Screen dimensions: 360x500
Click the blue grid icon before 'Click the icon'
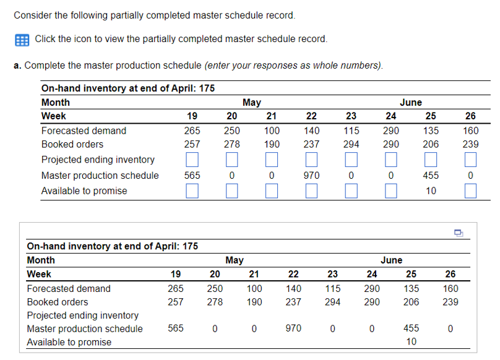[x=20, y=39]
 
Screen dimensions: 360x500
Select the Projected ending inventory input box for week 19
[x=192, y=160]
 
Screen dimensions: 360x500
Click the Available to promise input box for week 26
[x=470, y=191]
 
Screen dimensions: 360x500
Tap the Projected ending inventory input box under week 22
[x=311, y=160]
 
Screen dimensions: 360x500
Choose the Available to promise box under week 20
[x=231, y=191]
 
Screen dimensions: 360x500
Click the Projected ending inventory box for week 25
[x=431, y=160]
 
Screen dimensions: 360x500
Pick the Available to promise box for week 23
[x=351, y=191]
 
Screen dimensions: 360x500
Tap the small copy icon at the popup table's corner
[x=458, y=233]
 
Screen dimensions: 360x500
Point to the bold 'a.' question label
[x=17, y=65]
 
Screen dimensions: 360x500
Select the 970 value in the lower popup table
[x=293, y=328]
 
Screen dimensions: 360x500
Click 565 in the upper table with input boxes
[x=192, y=176]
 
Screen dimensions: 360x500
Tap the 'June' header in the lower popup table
[x=391, y=260]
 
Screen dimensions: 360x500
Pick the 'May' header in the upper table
[x=251, y=103]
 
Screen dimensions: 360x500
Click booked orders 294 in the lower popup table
[x=332, y=302]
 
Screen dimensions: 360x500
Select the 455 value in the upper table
[x=431, y=176]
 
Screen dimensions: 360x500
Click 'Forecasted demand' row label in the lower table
[x=68, y=288]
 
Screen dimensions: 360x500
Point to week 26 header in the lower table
[x=450, y=274]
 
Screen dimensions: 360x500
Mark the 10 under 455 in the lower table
[x=411, y=341]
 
